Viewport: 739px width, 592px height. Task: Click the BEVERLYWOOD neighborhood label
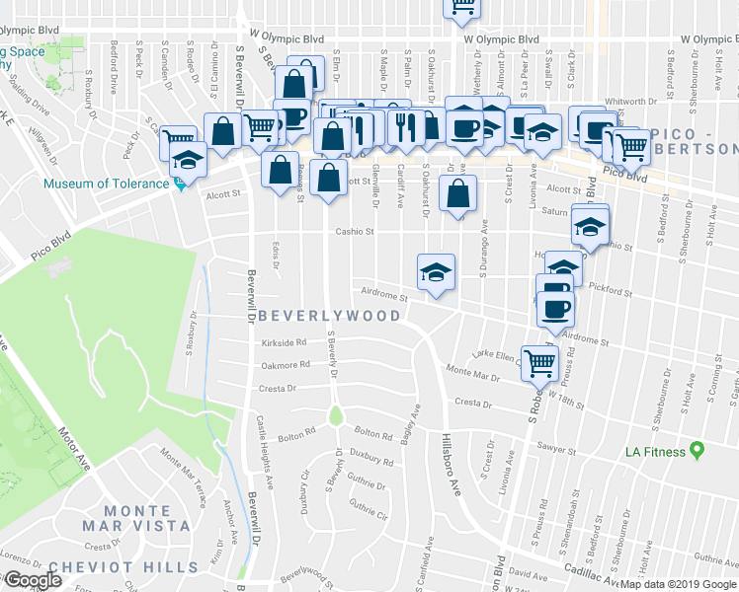(x=329, y=317)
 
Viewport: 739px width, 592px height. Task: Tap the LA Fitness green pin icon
(x=697, y=451)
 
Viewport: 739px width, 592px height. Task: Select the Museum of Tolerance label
(x=106, y=184)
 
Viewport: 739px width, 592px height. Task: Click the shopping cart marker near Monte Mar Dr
(x=539, y=362)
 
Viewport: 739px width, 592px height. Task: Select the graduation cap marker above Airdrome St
(x=436, y=271)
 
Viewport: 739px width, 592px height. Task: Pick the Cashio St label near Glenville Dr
(x=354, y=233)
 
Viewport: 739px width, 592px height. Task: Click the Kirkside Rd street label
(x=286, y=342)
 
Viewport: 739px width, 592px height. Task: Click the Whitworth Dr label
(x=630, y=101)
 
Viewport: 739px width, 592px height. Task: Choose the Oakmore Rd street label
(x=286, y=365)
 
